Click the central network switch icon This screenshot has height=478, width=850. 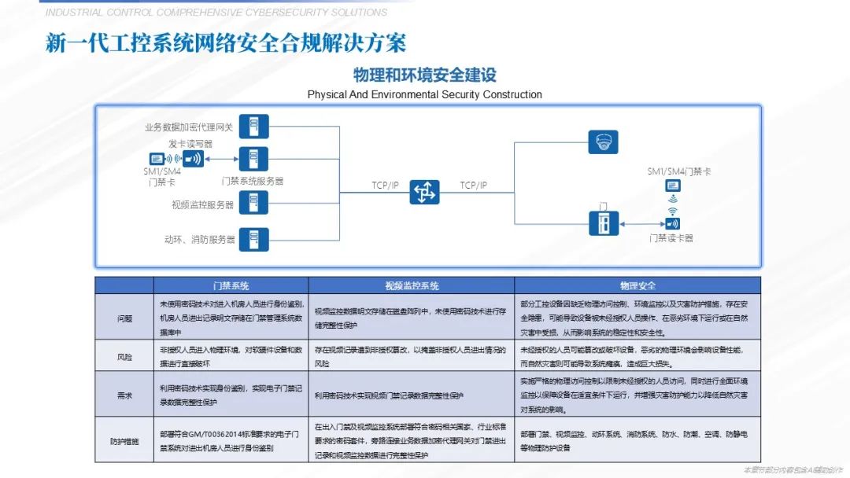pyautogui.click(x=424, y=192)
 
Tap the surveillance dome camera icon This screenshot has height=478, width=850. pyautogui.click(x=604, y=142)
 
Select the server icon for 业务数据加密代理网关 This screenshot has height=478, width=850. pyautogui.click(x=253, y=127)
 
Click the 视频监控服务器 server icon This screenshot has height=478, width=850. pyautogui.click(x=253, y=203)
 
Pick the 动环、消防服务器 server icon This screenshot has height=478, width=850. pyautogui.click(x=253, y=237)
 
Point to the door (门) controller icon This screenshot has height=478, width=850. pyautogui.click(x=604, y=222)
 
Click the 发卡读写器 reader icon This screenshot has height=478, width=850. pyautogui.click(x=193, y=159)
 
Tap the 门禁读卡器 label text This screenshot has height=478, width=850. pyautogui.click(x=671, y=238)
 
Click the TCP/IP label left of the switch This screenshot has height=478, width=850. pyautogui.click(x=386, y=186)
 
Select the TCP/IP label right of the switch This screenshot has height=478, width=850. pyautogui.click(x=474, y=186)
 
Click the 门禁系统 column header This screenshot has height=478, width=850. pyautogui.click(x=231, y=285)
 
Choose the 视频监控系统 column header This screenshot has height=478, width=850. pyautogui.click(x=412, y=285)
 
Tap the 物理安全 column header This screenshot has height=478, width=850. pyautogui.click(x=637, y=285)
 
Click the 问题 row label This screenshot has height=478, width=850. pyautogui.click(x=124, y=318)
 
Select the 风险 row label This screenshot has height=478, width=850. pyautogui.click(x=124, y=356)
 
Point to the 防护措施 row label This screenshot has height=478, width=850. pyautogui.click(x=124, y=440)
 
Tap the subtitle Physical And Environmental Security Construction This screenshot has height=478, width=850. pyautogui.click(x=424, y=94)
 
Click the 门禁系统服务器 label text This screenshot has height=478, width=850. pyautogui.click(x=253, y=181)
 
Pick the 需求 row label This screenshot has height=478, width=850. pyautogui.click(x=124, y=395)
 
